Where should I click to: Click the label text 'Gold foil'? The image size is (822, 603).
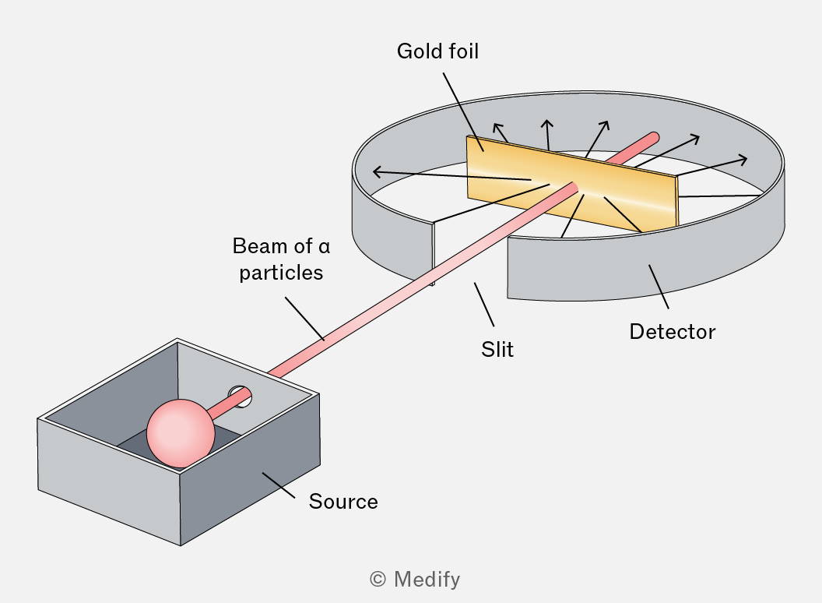coord(437,51)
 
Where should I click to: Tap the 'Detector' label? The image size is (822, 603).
coord(672,332)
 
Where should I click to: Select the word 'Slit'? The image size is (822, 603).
coord(497,350)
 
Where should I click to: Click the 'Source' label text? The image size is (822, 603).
coord(343,502)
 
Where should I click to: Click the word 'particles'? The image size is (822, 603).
coord(281,273)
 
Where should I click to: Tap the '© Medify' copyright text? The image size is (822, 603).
coord(415,580)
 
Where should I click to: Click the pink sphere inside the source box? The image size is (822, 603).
coord(181,433)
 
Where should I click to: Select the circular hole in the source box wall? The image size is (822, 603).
coord(240,397)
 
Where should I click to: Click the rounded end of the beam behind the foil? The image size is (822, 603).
coord(653,138)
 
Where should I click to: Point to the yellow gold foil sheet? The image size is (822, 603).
coord(571,183)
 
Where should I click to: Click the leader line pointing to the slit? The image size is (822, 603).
coord(484,305)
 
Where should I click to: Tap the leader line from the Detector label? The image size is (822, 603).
coord(659,287)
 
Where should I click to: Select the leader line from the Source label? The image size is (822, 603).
coord(279,485)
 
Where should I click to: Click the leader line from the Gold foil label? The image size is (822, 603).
coord(463,112)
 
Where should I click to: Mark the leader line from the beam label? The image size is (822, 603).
coord(304,319)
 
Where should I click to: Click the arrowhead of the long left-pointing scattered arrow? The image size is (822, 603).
coord(377,171)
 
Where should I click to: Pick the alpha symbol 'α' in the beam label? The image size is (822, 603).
coord(324,247)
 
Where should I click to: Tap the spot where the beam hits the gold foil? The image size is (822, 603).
coord(574,188)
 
